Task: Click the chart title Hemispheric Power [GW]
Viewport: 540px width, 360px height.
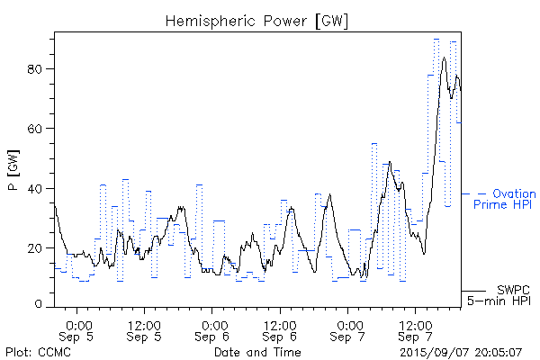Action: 257,20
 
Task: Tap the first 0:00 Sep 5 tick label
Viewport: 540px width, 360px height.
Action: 78,330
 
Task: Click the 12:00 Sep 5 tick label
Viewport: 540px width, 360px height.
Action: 145,330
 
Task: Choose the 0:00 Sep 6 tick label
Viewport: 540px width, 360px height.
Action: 213,330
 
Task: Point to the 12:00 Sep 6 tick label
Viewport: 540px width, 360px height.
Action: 280,330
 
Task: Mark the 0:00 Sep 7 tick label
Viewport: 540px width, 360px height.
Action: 348,330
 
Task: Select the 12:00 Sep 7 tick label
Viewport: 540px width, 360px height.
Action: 415,330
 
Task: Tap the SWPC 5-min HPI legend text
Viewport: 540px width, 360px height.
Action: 500,294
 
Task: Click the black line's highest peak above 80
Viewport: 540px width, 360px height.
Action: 444,58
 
